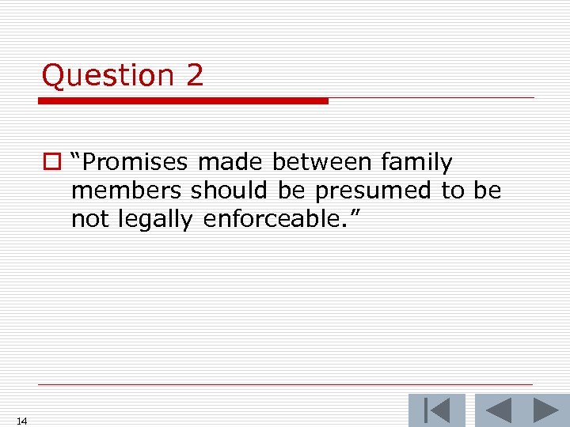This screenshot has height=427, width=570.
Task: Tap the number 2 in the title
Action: click(195, 76)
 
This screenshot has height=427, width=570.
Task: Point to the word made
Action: click(231, 163)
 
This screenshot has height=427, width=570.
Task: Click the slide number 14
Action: click(21, 421)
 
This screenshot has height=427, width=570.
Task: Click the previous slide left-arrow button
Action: click(498, 411)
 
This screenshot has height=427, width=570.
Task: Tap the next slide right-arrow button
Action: click(545, 411)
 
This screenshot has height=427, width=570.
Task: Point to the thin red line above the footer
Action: click(285, 385)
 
